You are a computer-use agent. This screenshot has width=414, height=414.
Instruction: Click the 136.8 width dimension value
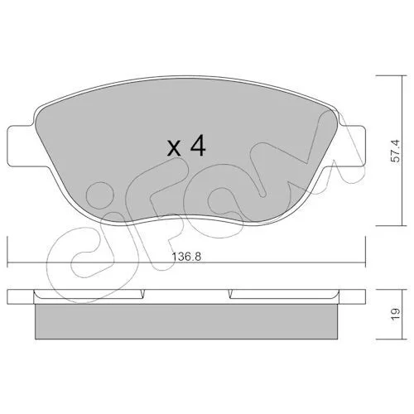pyautogui.click(x=186, y=257)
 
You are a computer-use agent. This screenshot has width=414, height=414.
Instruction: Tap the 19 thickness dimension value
pyautogui.click(x=396, y=315)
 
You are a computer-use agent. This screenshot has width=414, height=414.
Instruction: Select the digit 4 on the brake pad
pyautogui.click(x=198, y=146)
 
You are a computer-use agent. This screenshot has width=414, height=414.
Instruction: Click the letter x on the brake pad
pyautogui.click(x=174, y=149)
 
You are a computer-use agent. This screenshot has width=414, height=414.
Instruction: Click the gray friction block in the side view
pyautogui.click(x=186, y=321)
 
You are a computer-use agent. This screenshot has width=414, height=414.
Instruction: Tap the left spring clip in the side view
pyautogui.click(x=89, y=295)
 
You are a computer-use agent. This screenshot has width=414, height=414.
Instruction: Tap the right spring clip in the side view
pyautogui.click(x=284, y=295)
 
